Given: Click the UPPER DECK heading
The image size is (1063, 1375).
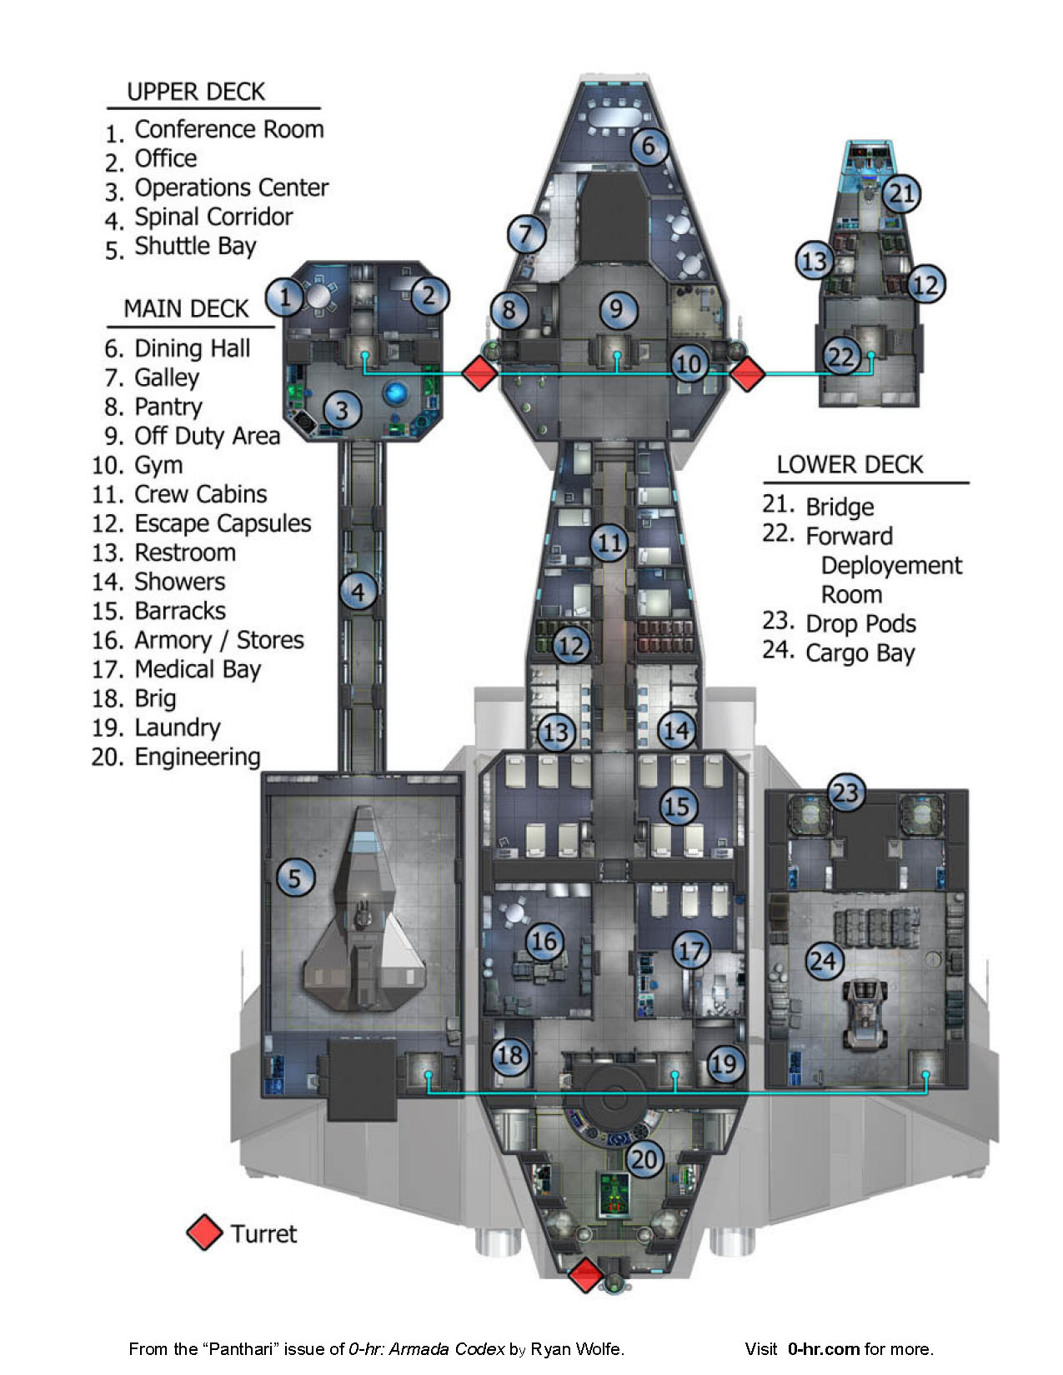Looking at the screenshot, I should coord(196,92).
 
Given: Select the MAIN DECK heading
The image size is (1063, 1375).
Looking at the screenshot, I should coord(186,309).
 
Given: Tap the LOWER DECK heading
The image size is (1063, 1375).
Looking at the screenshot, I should coord(850,465).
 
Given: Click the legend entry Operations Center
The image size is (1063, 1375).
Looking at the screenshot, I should coord(231,188).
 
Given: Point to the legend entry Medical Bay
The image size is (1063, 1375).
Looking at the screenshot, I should coord(198,669).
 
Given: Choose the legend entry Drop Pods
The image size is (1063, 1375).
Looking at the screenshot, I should coord(860,624).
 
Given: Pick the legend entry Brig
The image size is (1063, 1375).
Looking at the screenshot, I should coord(155,698).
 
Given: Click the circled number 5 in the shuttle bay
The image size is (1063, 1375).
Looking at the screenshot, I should coord(294,877).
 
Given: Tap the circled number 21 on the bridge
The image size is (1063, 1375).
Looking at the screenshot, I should coord(901,194).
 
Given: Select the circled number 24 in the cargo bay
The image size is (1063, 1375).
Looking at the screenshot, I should coord(824,961).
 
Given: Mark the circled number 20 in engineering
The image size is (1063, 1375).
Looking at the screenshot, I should coord(644,1159).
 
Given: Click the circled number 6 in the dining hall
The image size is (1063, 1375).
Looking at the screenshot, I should coord(649,147).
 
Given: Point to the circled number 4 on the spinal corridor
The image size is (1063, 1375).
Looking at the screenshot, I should coord(359,592).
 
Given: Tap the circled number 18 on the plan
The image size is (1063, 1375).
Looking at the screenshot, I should coord(509,1056).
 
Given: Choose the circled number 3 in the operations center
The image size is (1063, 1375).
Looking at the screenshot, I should coord(342,409).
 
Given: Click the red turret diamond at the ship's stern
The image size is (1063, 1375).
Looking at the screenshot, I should coord(586,1276).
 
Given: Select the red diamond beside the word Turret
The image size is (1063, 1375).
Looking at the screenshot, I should coord(204,1233).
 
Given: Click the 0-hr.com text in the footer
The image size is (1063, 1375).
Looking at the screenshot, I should coord(823,1349).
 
